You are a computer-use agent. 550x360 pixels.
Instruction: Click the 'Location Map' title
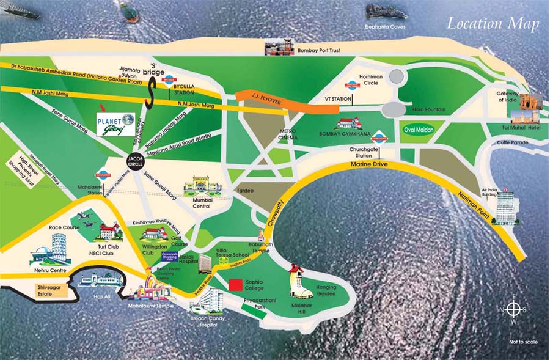click(x=493, y=24)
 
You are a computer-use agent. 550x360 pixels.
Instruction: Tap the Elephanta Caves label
click(x=385, y=28)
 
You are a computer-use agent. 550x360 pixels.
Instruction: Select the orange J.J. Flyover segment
click(x=287, y=101)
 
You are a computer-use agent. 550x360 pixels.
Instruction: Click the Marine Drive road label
click(x=367, y=165)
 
